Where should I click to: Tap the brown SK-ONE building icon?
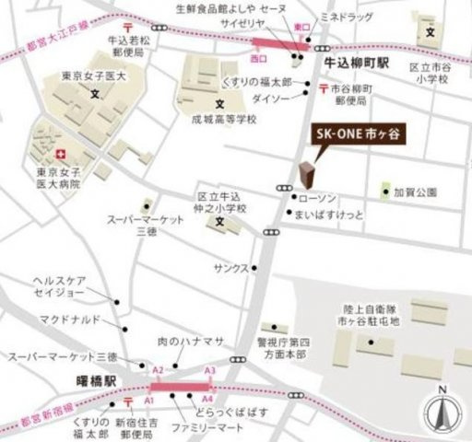tap(307, 174)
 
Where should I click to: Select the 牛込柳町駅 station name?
tap(359, 66)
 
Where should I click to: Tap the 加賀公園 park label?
tap(414, 192)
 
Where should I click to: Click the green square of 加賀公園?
tap(385, 192)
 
